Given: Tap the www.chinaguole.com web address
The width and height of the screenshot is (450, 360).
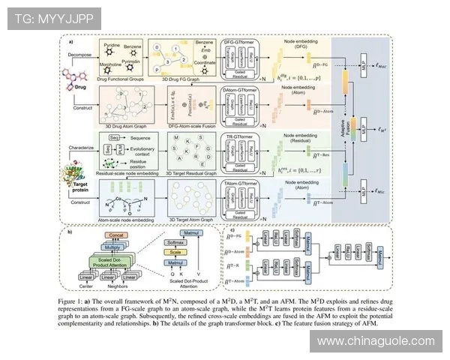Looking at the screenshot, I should point(376,341).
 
